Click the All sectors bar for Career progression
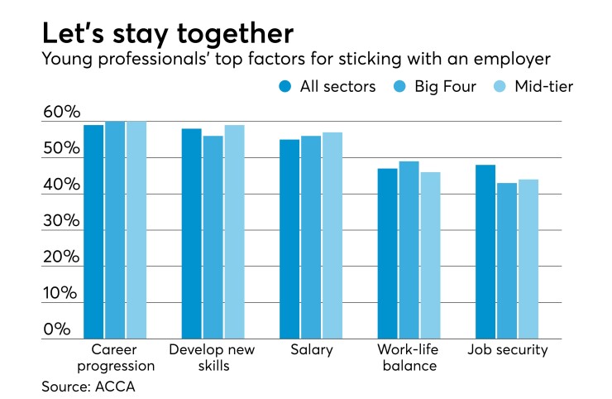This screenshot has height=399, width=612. point(93,232)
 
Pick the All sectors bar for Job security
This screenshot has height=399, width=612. point(485,252)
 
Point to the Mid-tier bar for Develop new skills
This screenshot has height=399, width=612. point(234,232)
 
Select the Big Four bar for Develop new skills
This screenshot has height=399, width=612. point(213,237)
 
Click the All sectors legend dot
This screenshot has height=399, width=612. point(286,87)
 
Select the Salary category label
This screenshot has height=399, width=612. point(312,350)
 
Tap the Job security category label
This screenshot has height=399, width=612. point(508,350)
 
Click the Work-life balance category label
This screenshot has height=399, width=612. point(409,358)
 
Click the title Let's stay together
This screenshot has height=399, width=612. point(167,34)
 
